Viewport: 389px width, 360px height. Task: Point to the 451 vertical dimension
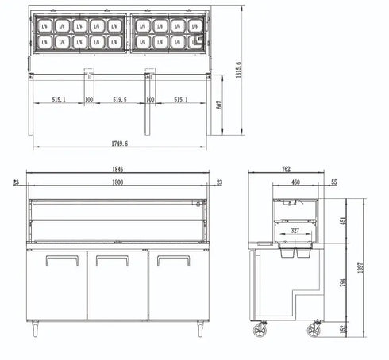[x=343, y=221]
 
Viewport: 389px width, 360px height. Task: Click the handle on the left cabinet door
[x=57, y=259]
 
